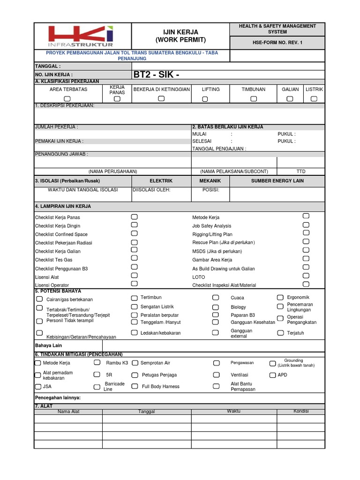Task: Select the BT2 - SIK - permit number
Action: pyautogui.click(x=157, y=75)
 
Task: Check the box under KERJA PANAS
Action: pyautogui.click(x=117, y=99)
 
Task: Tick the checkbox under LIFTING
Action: pyautogui.click(x=205, y=99)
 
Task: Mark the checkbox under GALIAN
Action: pyautogui.click(x=290, y=98)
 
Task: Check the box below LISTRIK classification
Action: pyautogui.click(x=314, y=98)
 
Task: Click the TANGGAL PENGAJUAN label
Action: pyautogui.click(x=219, y=149)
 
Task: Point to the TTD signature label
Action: pyautogui.click(x=300, y=172)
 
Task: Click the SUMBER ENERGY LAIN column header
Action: pyautogui.click(x=277, y=181)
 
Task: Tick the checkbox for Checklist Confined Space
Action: pyautogui.click(x=135, y=233)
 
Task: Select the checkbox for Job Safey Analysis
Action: pyautogui.click(x=306, y=225)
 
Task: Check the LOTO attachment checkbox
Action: pyautogui.click(x=306, y=276)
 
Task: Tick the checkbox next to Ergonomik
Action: pyautogui.click(x=280, y=298)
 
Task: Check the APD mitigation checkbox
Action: pyautogui.click(x=272, y=375)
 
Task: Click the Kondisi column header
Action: pyautogui.click(x=300, y=411)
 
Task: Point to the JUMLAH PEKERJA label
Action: pyautogui.click(x=57, y=127)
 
